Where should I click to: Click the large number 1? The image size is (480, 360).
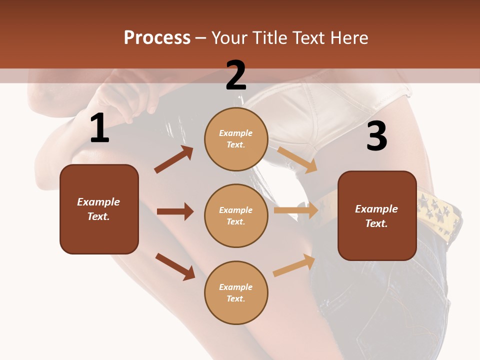pos(99,128)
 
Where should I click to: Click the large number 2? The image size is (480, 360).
pos(236,76)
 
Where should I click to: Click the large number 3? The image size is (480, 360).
pos(376,136)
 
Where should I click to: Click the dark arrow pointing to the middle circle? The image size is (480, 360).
pos(175,211)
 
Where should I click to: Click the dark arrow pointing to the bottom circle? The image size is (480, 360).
pos(175,266)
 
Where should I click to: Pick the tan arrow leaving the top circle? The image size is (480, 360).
pos(297,159)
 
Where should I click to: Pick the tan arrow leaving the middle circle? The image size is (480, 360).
pos(295,210)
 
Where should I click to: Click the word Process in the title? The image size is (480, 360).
pos(157,37)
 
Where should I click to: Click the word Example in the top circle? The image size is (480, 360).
pos(236,133)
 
